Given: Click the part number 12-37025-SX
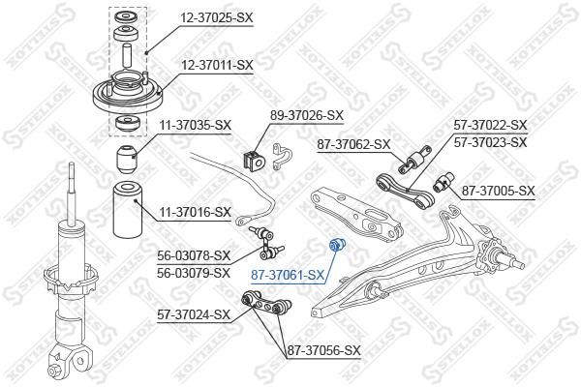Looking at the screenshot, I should click(215, 16).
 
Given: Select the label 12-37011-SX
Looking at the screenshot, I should click(217, 66).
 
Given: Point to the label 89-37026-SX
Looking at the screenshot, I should click(306, 115).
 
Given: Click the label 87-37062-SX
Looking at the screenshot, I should click(353, 145).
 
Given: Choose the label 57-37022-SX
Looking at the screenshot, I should click(490, 125).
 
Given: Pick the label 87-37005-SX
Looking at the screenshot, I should click(498, 191).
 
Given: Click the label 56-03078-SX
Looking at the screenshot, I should click(195, 255).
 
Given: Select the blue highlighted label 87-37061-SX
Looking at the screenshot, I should click(287, 275).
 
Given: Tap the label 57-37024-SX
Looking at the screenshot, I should click(194, 314).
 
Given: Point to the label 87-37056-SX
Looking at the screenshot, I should click(323, 350).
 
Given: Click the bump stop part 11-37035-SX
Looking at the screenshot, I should click(124, 156).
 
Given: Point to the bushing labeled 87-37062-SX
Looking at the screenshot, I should click(420, 156).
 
